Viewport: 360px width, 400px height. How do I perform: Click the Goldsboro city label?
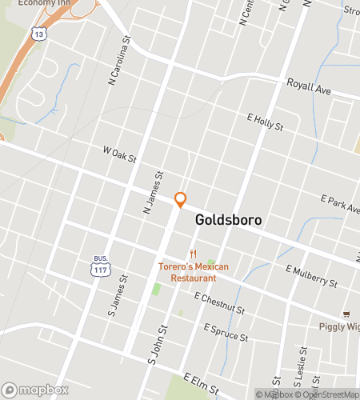click(x=228, y=219)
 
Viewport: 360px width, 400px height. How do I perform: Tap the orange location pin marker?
click(x=181, y=199)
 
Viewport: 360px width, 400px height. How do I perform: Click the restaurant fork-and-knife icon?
click(x=193, y=255)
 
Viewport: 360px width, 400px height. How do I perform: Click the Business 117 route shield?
click(x=100, y=268)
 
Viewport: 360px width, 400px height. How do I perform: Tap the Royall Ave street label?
click(x=309, y=90)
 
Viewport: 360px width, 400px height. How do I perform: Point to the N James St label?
click(x=152, y=193)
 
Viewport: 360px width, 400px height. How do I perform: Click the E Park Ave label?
click(x=340, y=203)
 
